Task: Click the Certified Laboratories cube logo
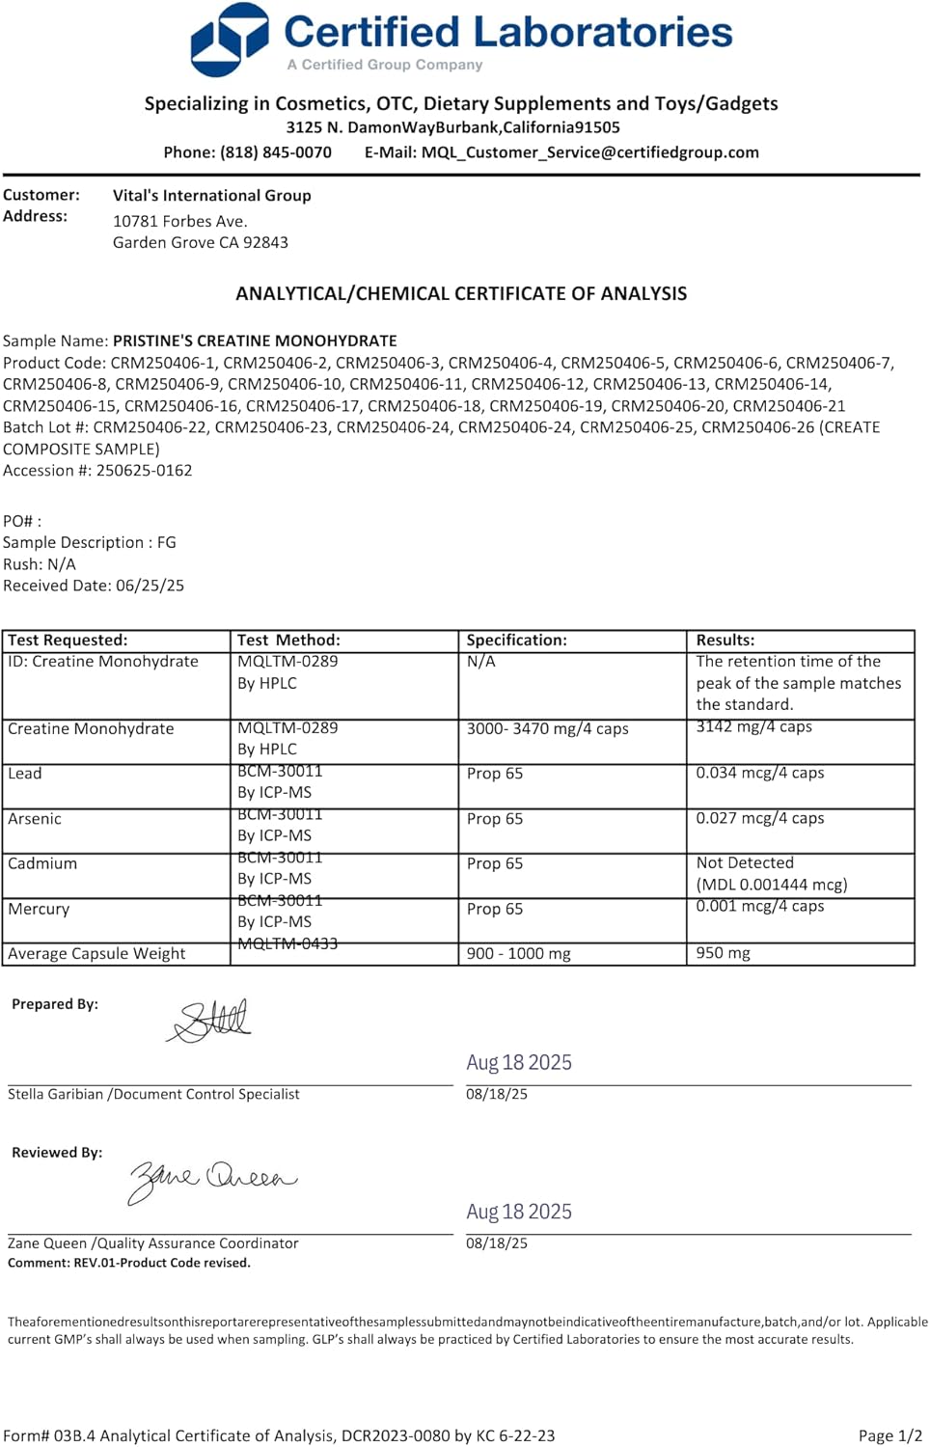pyautogui.click(x=229, y=40)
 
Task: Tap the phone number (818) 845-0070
pyautogui.click(x=275, y=152)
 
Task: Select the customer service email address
pyautogui.click(x=589, y=152)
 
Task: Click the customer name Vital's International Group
pyautogui.click(x=211, y=195)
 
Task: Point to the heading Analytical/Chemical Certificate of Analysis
pyautogui.click(x=461, y=293)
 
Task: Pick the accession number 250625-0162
pyautogui.click(x=145, y=470)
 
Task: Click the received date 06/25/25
pyautogui.click(x=150, y=586)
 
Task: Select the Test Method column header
pyautogui.click(x=288, y=640)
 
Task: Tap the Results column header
pyautogui.click(x=725, y=640)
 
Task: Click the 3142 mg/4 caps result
pyautogui.click(x=753, y=726)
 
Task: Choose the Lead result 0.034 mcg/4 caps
pyautogui.click(x=759, y=773)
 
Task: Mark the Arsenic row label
pyautogui.click(x=35, y=818)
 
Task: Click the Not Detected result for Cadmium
pyautogui.click(x=745, y=862)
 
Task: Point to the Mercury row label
pyautogui.click(x=39, y=909)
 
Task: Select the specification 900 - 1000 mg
pyautogui.click(x=518, y=953)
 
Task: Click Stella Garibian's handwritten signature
pyautogui.click(x=210, y=1020)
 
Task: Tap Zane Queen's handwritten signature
pyautogui.click(x=212, y=1179)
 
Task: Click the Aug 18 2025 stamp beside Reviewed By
pyautogui.click(x=519, y=1212)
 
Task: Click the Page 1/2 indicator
pyautogui.click(x=889, y=1435)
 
